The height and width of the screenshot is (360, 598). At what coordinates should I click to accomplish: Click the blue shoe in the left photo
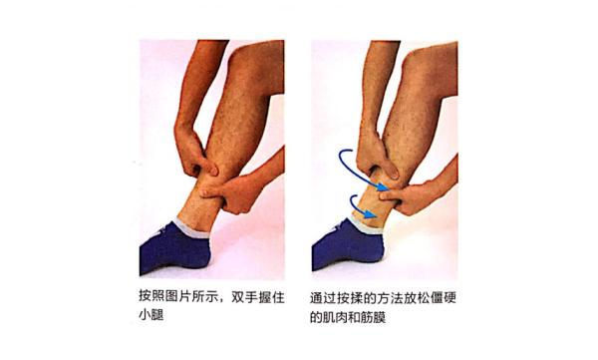pos(173,248)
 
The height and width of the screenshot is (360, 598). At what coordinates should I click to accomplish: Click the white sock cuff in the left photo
pos(192,228)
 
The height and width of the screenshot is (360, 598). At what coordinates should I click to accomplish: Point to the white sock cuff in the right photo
pos(366,225)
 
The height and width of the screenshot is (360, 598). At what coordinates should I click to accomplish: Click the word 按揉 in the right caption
pos(350,298)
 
